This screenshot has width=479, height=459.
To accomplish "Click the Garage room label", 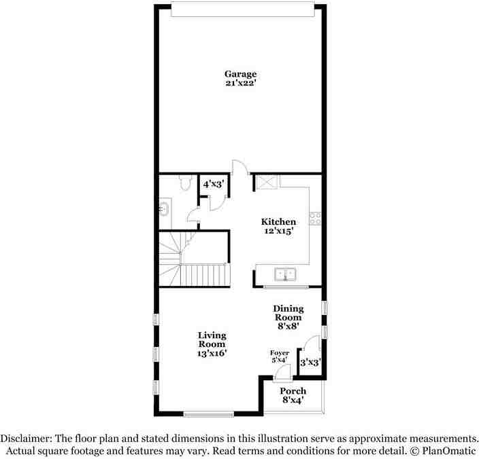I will pyautogui.click(x=241, y=73).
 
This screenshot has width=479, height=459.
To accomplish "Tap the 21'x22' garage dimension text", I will pyautogui.click(x=241, y=83).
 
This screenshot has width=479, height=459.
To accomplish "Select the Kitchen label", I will pyautogui.click(x=279, y=222).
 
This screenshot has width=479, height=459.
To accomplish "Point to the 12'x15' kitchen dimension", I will pyautogui.click(x=279, y=232).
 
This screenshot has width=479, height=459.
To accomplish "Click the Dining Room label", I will pyautogui.click(x=288, y=313).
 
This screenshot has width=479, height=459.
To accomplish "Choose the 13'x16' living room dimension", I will pyautogui.click(x=212, y=353).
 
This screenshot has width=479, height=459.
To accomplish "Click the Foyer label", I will pyautogui.click(x=280, y=353).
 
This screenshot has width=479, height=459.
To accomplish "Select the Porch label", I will pyautogui.click(x=293, y=391).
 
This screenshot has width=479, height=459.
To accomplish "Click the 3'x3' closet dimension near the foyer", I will pyautogui.click(x=310, y=363).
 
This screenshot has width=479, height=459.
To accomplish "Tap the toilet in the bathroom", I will pyautogui.click(x=183, y=181).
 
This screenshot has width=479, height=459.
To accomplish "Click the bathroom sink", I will pyautogui.click(x=164, y=208).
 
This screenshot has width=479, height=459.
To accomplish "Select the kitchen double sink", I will pyautogui.click(x=284, y=274).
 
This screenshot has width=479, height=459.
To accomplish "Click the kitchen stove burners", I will pyautogui.click(x=315, y=218).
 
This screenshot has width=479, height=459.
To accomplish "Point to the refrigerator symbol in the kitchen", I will pyautogui.click(x=265, y=182).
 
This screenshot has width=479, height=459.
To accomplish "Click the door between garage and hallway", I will pyautogui.click(x=239, y=167).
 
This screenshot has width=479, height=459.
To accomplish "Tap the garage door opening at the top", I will pyautogui.click(x=243, y=10).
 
